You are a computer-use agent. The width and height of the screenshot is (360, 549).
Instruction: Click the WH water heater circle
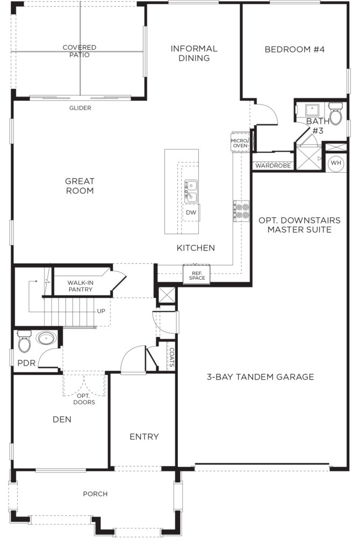(336, 163)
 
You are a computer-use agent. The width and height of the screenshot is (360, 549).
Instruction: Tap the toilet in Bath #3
(335, 114)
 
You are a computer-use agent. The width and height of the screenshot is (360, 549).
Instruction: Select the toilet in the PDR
(24, 340)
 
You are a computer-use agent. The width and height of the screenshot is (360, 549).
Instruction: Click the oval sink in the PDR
(47, 338)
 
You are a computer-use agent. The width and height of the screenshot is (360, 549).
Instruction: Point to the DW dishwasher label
(191, 212)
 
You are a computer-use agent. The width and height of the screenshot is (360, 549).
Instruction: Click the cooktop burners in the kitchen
(242, 211)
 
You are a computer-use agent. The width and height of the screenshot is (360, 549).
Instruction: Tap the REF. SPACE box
(197, 275)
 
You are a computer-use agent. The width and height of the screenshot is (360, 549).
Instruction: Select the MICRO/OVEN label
(240, 143)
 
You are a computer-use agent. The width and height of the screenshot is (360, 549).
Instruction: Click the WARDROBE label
(273, 166)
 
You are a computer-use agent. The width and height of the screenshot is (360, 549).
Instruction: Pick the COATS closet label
(171, 357)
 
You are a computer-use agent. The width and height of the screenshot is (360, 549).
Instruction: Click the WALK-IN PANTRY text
(80, 286)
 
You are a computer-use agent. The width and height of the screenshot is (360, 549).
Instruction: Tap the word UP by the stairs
(101, 311)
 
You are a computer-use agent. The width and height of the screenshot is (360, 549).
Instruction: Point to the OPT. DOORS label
(84, 399)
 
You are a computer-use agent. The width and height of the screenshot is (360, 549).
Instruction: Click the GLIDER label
(80, 108)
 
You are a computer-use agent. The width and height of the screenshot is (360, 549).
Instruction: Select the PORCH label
(95, 494)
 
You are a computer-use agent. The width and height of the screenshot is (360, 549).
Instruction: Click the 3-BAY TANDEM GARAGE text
(260, 377)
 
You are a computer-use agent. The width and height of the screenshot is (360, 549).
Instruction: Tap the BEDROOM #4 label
(295, 49)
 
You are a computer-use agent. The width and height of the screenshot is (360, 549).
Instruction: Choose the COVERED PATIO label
(79, 51)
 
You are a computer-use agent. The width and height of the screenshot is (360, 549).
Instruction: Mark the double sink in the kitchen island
(191, 191)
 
